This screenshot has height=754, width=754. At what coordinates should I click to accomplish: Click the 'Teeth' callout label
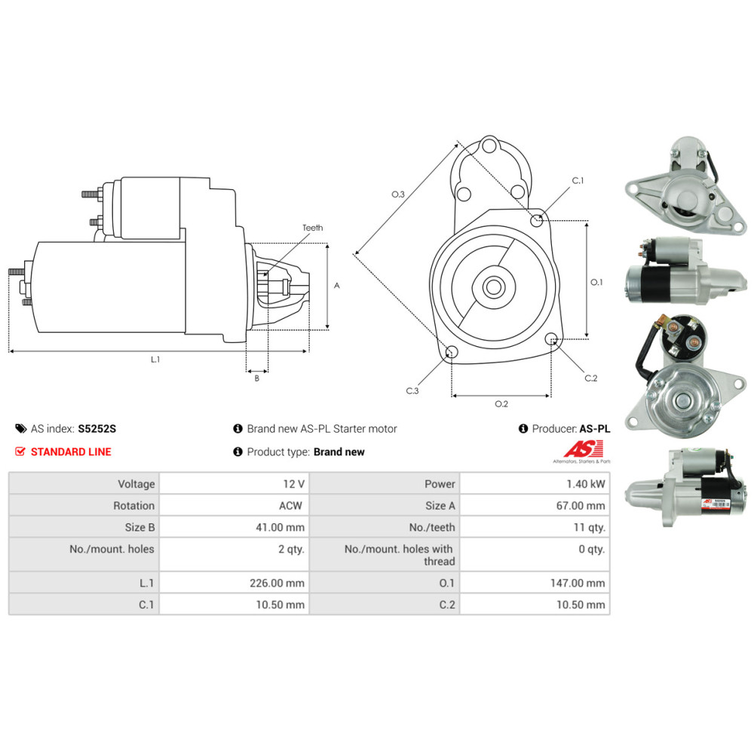[312, 227]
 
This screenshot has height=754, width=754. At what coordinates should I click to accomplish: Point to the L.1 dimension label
[155, 360]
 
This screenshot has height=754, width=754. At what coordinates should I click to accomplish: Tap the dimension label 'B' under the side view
[256, 378]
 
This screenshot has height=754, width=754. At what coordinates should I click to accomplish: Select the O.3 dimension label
[398, 195]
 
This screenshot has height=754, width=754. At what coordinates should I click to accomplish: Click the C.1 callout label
[578, 181]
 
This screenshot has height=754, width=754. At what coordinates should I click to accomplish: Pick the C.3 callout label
[412, 391]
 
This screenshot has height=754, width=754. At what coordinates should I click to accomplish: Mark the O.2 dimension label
[501, 404]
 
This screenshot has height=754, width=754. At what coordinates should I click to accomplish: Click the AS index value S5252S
[97, 429]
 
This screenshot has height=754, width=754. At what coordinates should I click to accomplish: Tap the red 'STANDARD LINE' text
[70, 452]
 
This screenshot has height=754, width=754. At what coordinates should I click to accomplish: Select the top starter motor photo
[684, 185]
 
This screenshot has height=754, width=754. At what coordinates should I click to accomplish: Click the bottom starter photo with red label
[685, 487]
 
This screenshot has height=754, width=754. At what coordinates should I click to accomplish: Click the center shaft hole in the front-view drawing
[494, 287]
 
